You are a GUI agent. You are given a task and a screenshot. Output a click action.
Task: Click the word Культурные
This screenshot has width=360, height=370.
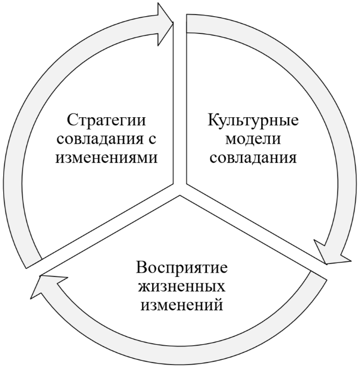tap(253, 119)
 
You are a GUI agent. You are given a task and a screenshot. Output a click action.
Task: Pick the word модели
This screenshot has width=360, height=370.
tap(253, 139)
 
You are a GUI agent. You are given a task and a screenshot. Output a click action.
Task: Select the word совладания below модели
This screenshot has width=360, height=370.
tap(253, 159)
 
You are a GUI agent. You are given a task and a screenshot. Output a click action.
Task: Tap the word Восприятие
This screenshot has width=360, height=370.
tap(181, 267)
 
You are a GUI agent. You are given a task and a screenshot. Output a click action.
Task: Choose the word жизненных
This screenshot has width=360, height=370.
tap(181, 287)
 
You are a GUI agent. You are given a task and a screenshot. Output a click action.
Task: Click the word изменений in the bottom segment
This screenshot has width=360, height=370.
tap(181, 307)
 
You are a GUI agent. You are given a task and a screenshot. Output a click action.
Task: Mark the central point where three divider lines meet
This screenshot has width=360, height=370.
tap(180, 189)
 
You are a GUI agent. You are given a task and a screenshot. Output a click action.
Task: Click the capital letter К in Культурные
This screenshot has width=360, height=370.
tap(214, 119)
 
